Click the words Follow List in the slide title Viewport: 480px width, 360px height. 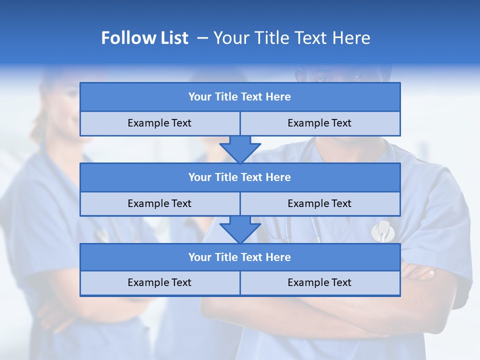[144, 38]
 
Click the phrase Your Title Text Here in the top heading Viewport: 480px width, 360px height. [292, 38]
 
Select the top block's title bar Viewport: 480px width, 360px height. [240, 97]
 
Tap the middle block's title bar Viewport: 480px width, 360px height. [240, 177]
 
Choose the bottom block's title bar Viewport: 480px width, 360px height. [240, 257]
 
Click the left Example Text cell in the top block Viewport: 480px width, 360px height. [159, 123]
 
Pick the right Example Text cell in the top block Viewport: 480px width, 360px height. [320, 123]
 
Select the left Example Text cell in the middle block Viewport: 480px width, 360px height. [159, 204]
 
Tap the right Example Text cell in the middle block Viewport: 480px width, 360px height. [320, 204]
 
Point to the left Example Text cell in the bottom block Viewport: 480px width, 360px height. [159, 283]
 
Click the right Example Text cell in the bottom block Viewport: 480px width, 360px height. [320, 283]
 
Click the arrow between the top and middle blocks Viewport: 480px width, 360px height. [240, 149]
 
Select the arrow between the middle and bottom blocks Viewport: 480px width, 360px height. [240, 230]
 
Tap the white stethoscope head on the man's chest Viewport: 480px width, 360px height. [382, 230]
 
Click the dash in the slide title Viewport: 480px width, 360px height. [203, 38]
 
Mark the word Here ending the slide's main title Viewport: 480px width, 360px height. [352, 38]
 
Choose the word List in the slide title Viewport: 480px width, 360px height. [175, 38]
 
